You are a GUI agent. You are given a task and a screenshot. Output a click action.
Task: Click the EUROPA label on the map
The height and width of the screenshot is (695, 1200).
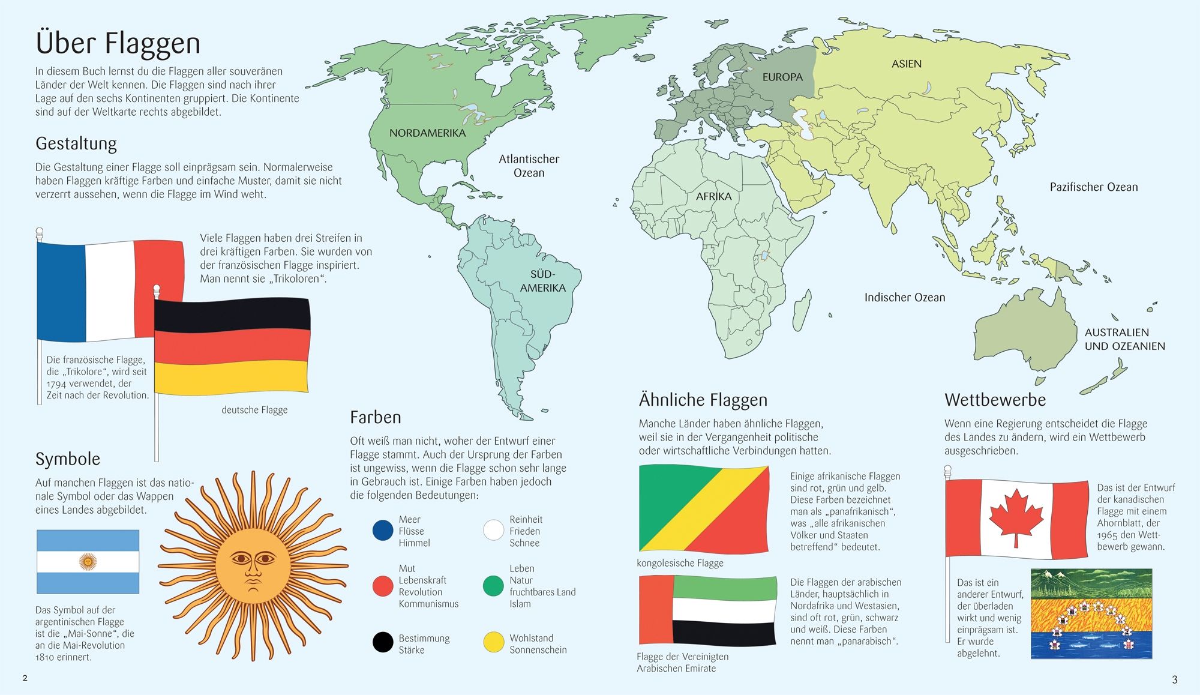coord(782,77)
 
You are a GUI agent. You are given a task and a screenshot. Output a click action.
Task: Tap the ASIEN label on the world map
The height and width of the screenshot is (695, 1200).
coord(906,64)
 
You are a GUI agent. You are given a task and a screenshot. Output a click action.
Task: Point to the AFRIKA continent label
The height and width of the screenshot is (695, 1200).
coord(713,196)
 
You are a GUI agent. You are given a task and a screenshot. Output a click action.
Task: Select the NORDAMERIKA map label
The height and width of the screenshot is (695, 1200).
coord(427,133)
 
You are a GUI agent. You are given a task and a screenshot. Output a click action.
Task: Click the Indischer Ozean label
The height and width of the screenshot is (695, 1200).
coord(904,298)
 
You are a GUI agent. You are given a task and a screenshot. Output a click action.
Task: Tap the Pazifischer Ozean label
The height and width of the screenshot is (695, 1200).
coord(1093,187)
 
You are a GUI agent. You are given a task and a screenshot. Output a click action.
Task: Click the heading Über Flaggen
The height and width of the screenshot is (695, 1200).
coord(118,43)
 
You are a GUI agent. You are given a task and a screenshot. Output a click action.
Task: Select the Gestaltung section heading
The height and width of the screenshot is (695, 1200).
coord(76,143)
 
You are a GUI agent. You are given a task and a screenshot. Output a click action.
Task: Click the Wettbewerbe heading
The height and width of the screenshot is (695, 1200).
coord(995,400)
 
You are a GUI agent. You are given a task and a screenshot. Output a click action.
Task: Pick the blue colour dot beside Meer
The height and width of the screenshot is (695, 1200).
coord(383,531)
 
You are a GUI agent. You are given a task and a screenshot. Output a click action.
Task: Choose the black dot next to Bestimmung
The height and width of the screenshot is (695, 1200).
coord(383,642)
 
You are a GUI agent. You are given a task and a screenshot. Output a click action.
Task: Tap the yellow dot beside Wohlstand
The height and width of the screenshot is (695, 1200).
coord(493,642)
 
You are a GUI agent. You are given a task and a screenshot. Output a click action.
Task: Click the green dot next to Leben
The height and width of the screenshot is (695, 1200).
coord(493,586)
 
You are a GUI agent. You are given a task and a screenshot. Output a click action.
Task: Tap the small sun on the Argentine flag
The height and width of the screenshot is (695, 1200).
coord(88,562)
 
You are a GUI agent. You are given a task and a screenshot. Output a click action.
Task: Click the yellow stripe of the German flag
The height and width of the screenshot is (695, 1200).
coord(231,377)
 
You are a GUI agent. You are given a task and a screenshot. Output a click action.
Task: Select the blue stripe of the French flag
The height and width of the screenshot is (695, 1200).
coord(61,292)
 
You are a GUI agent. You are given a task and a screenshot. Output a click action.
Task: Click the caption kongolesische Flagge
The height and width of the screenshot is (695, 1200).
coord(680,563)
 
